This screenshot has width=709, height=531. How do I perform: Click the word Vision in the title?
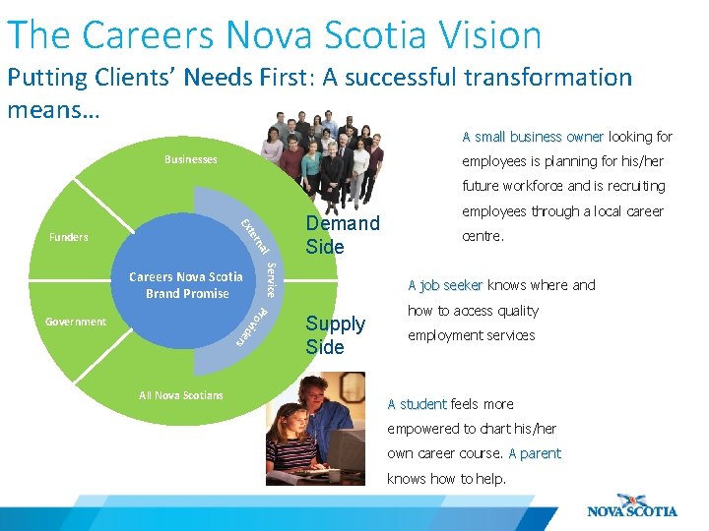(478, 34)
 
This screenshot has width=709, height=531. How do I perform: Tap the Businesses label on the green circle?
(191, 159)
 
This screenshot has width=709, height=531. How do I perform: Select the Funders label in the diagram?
(69, 237)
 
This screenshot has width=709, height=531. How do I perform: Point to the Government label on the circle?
(76, 322)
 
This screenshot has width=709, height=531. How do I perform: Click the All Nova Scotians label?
(181, 395)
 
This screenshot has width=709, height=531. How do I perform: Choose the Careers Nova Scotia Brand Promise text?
(186, 285)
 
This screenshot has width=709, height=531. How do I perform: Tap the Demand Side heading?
(342, 234)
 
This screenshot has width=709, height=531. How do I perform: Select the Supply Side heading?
(335, 335)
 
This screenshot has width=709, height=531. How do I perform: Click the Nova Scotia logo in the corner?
(632, 504)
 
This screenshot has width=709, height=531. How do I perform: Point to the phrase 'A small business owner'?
(533, 137)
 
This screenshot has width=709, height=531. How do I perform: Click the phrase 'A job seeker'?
(445, 285)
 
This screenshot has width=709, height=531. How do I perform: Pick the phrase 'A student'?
(417, 404)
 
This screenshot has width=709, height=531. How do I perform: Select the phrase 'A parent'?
(535, 453)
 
